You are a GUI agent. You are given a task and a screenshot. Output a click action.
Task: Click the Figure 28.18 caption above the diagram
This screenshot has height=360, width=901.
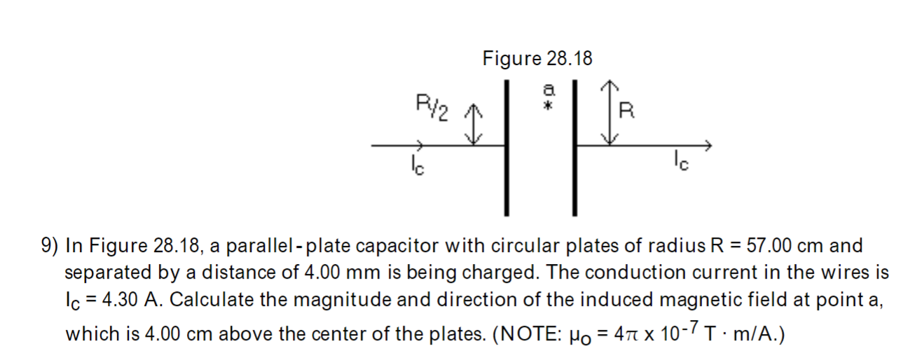tap(537, 59)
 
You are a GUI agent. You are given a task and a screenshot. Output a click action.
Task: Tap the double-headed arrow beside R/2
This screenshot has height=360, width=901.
tap(475, 124)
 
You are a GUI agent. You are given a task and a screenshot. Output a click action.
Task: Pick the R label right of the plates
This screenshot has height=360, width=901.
tap(628, 111)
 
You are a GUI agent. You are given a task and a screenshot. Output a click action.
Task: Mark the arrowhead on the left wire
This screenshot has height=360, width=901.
tap(419, 146)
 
